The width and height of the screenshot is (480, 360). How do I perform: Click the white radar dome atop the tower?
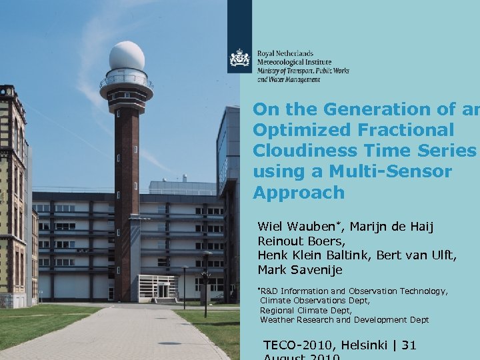point(127,56)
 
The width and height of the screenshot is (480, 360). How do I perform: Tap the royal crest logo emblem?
point(240,59)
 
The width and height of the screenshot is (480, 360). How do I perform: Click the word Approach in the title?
point(299,193)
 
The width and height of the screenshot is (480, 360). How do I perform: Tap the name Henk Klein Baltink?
point(313,255)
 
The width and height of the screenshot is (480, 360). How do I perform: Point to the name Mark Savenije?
point(301,270)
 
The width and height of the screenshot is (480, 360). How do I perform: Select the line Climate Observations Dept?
point(314,301)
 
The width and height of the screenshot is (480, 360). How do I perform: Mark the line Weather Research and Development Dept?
point(344,320)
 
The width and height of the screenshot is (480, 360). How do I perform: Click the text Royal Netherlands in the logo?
point(285,53)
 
